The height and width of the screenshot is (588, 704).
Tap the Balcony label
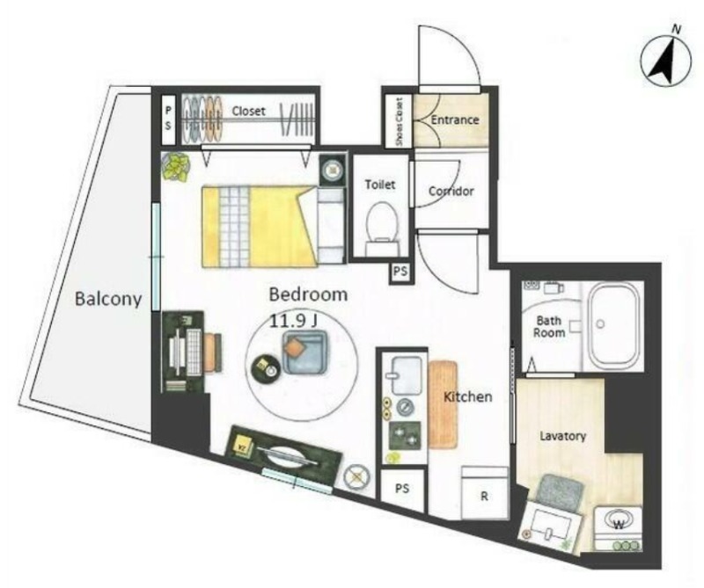(x=108, y=298)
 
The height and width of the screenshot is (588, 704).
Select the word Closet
(x=249, y=111)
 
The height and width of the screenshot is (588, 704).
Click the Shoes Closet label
(x=400, y=121)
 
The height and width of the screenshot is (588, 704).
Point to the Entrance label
(x=455, y=120)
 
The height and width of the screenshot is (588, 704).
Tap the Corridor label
(x=451, y=191)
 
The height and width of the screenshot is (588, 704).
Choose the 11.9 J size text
(x=294, y=320)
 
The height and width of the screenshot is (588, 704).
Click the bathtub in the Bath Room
(x=613, y=325)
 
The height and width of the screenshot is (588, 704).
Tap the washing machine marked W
(x=619, y=528)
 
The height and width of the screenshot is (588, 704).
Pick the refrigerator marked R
(x=485, y=492)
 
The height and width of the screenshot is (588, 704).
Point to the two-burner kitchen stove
(x=405, y=435)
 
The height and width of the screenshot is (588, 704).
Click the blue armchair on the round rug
(x=304, y=352)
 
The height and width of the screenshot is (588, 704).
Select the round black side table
(x=266, y=369)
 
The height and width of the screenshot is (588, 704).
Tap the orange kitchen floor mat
(x=444, y=404)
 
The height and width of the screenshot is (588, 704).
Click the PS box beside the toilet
(x=400, y=272)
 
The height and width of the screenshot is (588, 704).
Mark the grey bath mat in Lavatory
(x=560, y=491)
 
